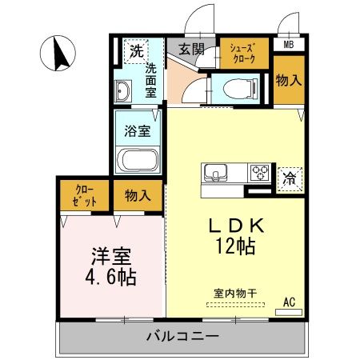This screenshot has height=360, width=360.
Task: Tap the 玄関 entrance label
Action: click(x=190, y=49)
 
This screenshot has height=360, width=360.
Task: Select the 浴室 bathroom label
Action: click(x=139, y=129)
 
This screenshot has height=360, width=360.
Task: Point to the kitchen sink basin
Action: click(x=218, y=173)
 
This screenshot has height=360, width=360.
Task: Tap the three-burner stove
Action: click(x=259, y=172)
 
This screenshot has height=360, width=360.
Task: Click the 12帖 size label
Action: click(x=235, y=246)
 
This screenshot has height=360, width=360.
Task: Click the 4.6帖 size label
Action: click(x=111, y=278)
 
